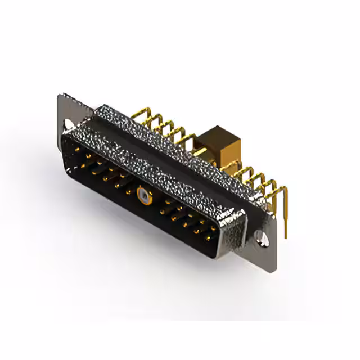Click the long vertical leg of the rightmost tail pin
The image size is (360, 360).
pyautogui.click(x=286, y=214)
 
